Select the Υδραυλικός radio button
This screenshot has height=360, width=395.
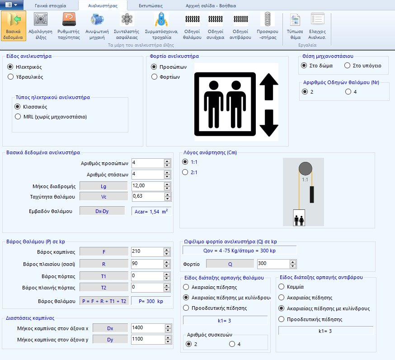click(11, 77)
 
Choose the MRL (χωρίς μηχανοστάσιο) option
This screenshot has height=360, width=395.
click(18, 117)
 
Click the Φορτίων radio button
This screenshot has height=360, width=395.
click(154, 77)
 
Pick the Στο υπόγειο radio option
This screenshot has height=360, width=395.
click(348, 66)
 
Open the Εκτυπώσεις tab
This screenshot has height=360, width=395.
click(150, 6)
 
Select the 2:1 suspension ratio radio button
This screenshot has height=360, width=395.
click(184, 172)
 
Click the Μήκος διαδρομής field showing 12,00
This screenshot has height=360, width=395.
click(147, 185)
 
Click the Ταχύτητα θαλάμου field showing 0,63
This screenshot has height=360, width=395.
click(147, 196)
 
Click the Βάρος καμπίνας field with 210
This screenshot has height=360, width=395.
click(147, 251)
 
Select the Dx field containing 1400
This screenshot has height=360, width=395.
click(147, 327)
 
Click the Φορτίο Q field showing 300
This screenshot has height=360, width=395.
click(273, 264)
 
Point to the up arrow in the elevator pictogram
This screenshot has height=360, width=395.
click(268, 87)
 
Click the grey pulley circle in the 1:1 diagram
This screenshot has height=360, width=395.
click(305, 168)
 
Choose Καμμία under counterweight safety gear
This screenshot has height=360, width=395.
click(282, 287)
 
